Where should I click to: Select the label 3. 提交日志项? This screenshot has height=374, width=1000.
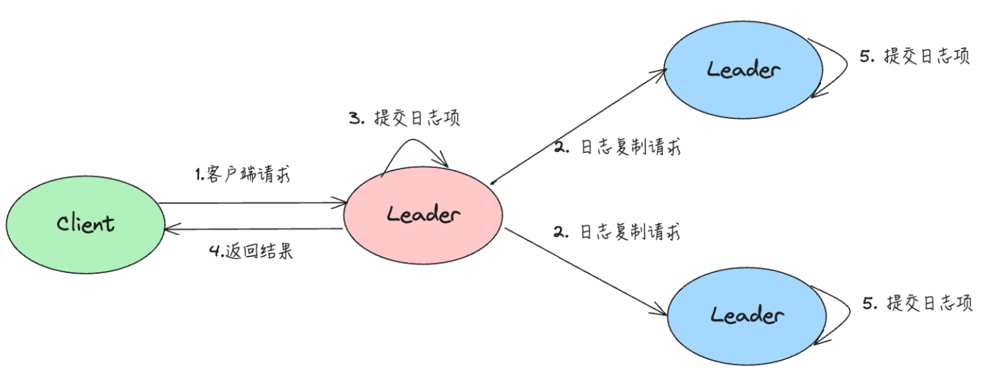click(x=404, y=118)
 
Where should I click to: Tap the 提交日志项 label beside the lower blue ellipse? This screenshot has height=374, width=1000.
click(x=919, y=303)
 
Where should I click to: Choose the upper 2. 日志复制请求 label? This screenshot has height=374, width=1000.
click(x=617, y=147)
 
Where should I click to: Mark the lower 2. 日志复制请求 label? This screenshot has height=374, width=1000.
click(x=617, y=232)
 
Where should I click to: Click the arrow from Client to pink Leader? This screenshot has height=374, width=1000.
click(x=252, y=203)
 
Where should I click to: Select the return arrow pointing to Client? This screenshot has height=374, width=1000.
click(x=252, y=229)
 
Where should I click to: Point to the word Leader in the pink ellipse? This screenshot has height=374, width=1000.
click(x=423, y=214)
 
